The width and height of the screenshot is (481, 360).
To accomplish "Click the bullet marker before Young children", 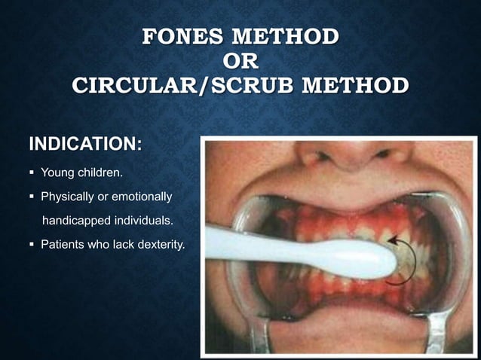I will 32,173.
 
